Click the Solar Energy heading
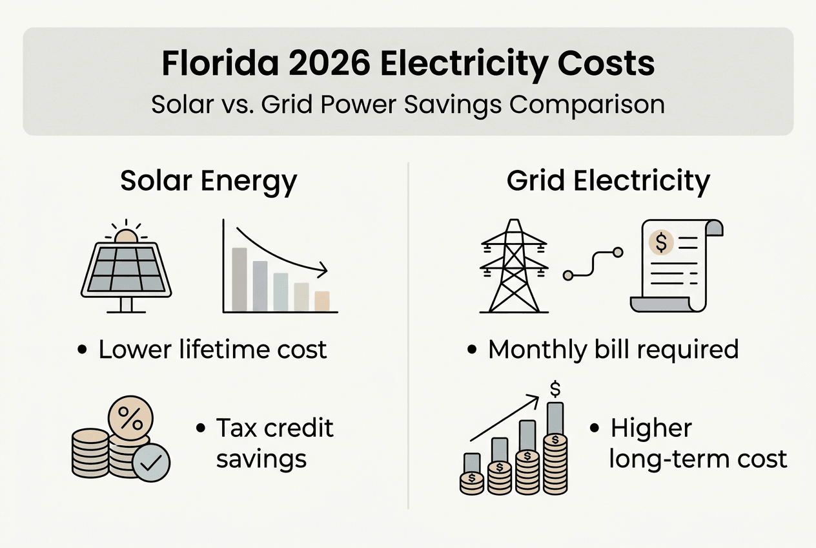208,182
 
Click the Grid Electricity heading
608,182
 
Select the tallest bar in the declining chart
239,279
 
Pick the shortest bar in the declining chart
321,301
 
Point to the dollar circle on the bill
661,242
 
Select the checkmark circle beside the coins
152,463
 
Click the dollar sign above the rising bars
555,388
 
